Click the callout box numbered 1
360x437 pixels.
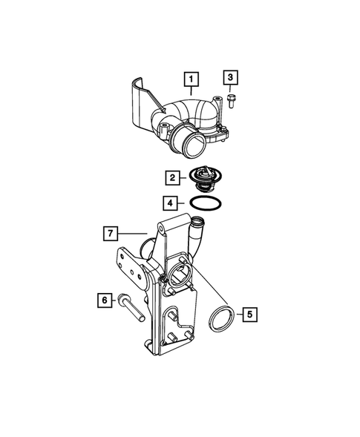(x=192, y=78)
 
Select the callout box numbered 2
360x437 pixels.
(x=171, y=177)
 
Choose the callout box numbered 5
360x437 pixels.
(x=250, y=315)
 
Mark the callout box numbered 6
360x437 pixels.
(x=104, y=300)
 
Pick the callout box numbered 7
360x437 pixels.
(x=109, y=234)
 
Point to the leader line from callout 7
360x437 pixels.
(x=131, y=234)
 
